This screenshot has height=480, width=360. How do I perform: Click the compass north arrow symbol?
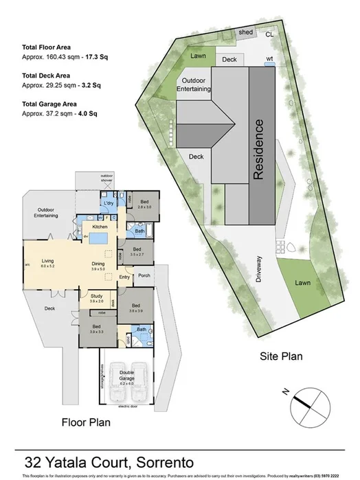(303, 401)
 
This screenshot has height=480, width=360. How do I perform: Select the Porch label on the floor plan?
(144, 277)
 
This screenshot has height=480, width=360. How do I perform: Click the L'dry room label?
(108, 205)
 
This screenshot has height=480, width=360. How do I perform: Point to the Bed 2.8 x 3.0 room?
(144, 203)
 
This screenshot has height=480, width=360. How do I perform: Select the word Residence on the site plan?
(259, 150)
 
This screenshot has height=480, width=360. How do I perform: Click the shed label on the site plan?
(245, 32)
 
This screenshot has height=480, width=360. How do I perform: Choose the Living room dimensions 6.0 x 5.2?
(49, 266)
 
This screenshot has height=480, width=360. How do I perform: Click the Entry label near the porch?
(124, 277)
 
